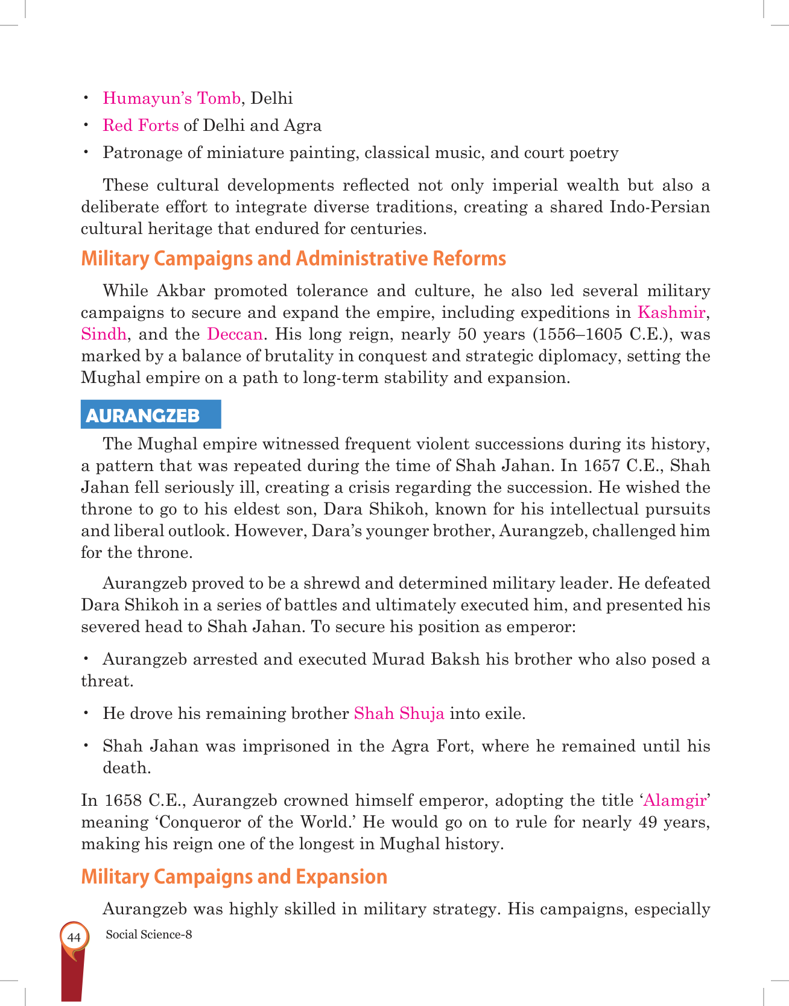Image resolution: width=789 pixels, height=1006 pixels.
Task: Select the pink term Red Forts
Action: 141,125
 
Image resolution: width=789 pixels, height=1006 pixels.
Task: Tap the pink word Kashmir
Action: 671,312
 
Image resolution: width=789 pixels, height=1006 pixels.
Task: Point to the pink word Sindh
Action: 104,334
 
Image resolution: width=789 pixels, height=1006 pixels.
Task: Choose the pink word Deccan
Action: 235,334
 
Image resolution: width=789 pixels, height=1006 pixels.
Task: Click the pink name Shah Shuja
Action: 399,713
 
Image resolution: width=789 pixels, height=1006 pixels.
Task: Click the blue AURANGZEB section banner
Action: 151,415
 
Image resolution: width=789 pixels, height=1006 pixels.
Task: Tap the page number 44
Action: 74,938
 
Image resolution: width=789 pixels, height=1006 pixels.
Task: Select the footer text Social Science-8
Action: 148,935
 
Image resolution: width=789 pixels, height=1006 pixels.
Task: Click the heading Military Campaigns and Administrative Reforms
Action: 293,259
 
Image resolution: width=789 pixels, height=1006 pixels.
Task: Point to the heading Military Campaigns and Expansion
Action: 234,876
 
